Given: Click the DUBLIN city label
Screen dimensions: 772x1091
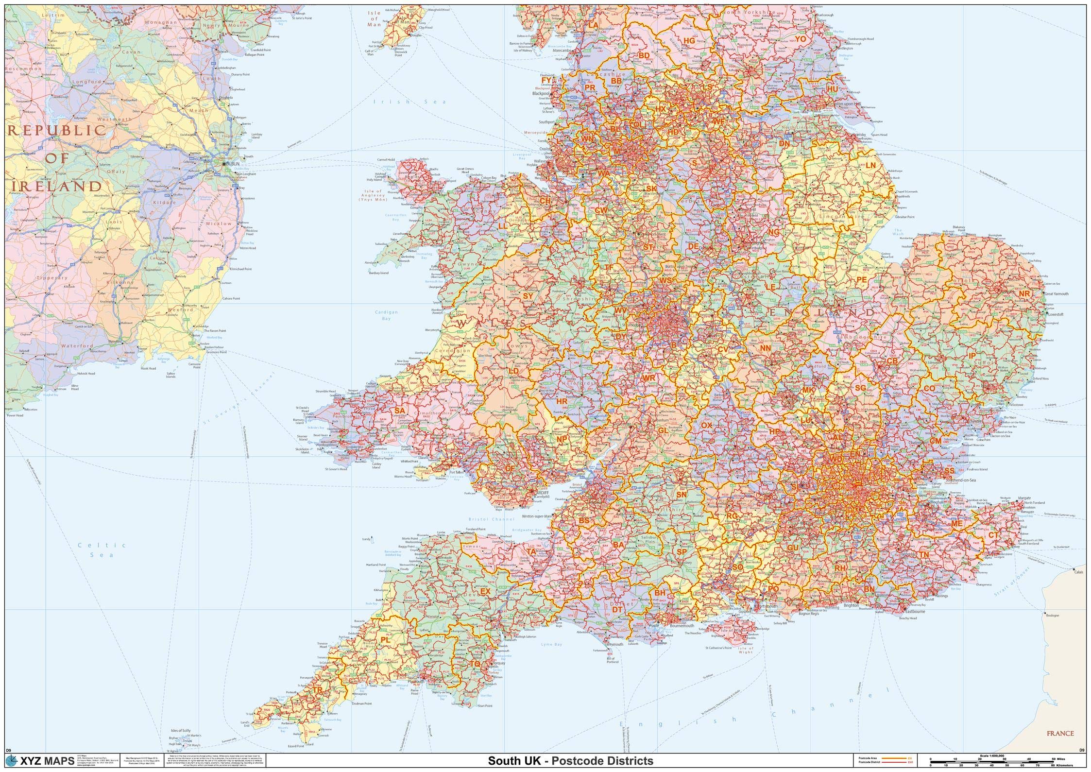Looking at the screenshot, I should [232, 164].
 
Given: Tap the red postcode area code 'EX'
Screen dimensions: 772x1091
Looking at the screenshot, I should [485, 592].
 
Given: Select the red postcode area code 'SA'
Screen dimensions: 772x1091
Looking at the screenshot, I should [399, 411].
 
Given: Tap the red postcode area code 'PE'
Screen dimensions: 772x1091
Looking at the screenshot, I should [861, 279].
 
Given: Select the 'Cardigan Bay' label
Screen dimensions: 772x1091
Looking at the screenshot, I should [386, 315].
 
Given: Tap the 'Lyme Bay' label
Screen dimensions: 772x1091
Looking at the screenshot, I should [551, 644].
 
